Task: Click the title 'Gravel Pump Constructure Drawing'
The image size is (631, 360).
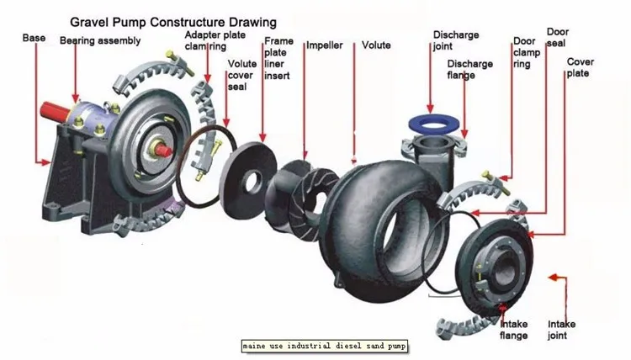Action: tap(173, 22)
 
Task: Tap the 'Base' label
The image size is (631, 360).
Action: tap(34, 38)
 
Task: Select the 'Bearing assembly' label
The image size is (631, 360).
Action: tap(100, 40)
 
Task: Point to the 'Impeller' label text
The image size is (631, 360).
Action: tap(325, 45)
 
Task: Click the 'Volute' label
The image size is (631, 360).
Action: tap(376, 45)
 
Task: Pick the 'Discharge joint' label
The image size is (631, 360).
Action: tap(456, 40)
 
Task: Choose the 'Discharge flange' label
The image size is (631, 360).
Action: tap(469, 70)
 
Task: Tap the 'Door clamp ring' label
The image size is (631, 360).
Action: tap(527, 52)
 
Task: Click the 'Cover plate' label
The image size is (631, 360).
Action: tap(580, 67)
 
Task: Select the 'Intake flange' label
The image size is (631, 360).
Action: tap(513, 330)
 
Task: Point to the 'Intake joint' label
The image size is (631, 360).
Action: tap(561, 330)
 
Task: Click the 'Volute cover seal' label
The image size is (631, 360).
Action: tap(241, 75)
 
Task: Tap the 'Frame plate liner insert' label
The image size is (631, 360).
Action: tap(278, 58)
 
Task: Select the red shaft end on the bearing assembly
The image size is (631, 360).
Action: tap(55, 111)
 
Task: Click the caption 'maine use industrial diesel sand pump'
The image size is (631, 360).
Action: tap(325, 346)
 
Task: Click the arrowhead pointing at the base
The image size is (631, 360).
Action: tap(46, 162)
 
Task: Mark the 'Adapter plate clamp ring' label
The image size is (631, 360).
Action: tap(215, 40)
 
